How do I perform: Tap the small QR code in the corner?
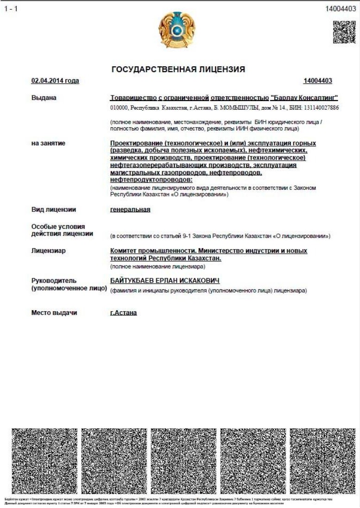344,31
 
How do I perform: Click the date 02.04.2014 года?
55,81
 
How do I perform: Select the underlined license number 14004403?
318,81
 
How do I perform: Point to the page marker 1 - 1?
11,9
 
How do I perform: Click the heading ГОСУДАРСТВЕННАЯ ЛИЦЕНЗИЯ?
178,69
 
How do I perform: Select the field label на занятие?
48,143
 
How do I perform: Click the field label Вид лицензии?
53,209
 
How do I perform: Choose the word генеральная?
130,209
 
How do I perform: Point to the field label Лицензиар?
48,251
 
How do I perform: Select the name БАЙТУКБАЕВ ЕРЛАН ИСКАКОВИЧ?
164,281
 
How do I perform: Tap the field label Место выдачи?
54,313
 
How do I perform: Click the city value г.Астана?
123,313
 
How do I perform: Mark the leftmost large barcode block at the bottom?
44,461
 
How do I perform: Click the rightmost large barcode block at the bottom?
322,461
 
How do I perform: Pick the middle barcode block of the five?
183,461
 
